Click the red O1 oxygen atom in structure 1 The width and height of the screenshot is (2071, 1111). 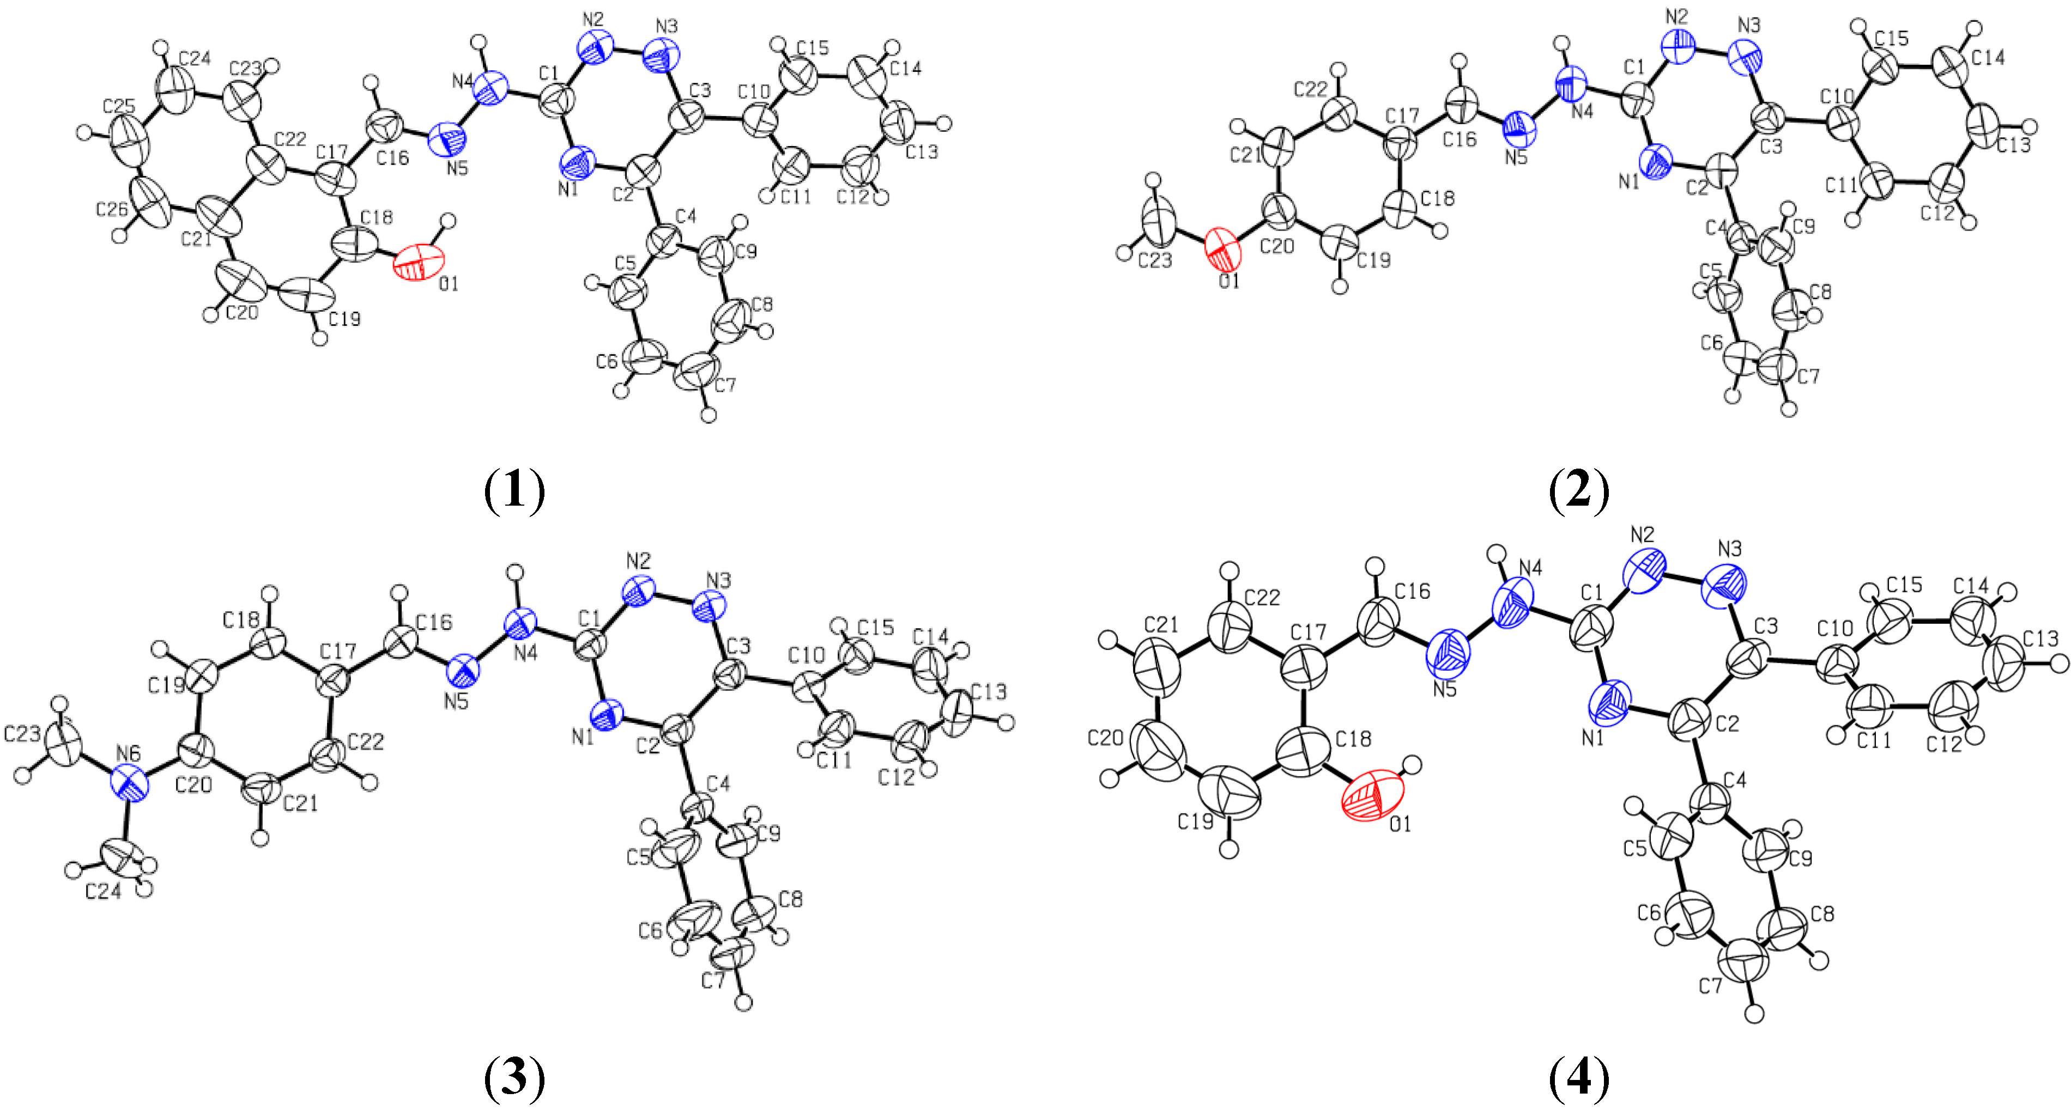coord(418,263)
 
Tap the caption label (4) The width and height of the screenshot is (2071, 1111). coord(1579,1077)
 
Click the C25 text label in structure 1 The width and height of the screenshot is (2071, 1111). coord(119,106)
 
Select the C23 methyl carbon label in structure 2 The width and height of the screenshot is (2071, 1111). coord(1154,260)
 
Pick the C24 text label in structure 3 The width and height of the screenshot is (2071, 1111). coord(104,891)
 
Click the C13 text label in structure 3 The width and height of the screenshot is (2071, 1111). coord(989,691)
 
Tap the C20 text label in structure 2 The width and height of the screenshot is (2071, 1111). coord(1277,246)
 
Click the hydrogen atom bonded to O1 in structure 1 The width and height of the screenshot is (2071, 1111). coord(449,222)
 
